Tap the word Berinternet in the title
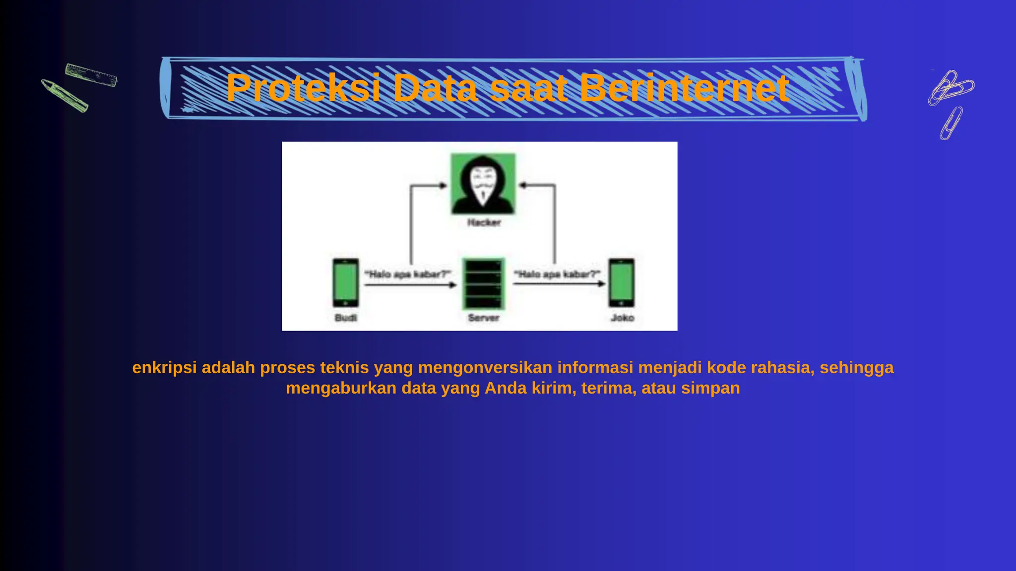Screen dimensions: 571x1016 point(684,88)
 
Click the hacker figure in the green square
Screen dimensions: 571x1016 point(483,184)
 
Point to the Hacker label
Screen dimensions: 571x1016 point(484,223)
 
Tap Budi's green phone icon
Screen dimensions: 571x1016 point(346,283)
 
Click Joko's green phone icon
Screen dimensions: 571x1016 point(622,283)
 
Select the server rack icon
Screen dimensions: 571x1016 point(483,284)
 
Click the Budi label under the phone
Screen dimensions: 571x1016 point(346,318)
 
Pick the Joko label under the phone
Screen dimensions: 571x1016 point(622,318)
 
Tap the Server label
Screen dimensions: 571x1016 point(484,318)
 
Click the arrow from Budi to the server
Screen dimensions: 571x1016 point(410,285)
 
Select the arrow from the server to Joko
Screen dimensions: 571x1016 point(559,284)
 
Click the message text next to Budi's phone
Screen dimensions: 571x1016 point(408,274)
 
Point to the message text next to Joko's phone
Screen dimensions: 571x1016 point(557,274)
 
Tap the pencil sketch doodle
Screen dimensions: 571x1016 point(64,95)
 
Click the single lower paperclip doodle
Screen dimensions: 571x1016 point(951,123)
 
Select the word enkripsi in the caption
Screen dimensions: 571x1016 point(164,368)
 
